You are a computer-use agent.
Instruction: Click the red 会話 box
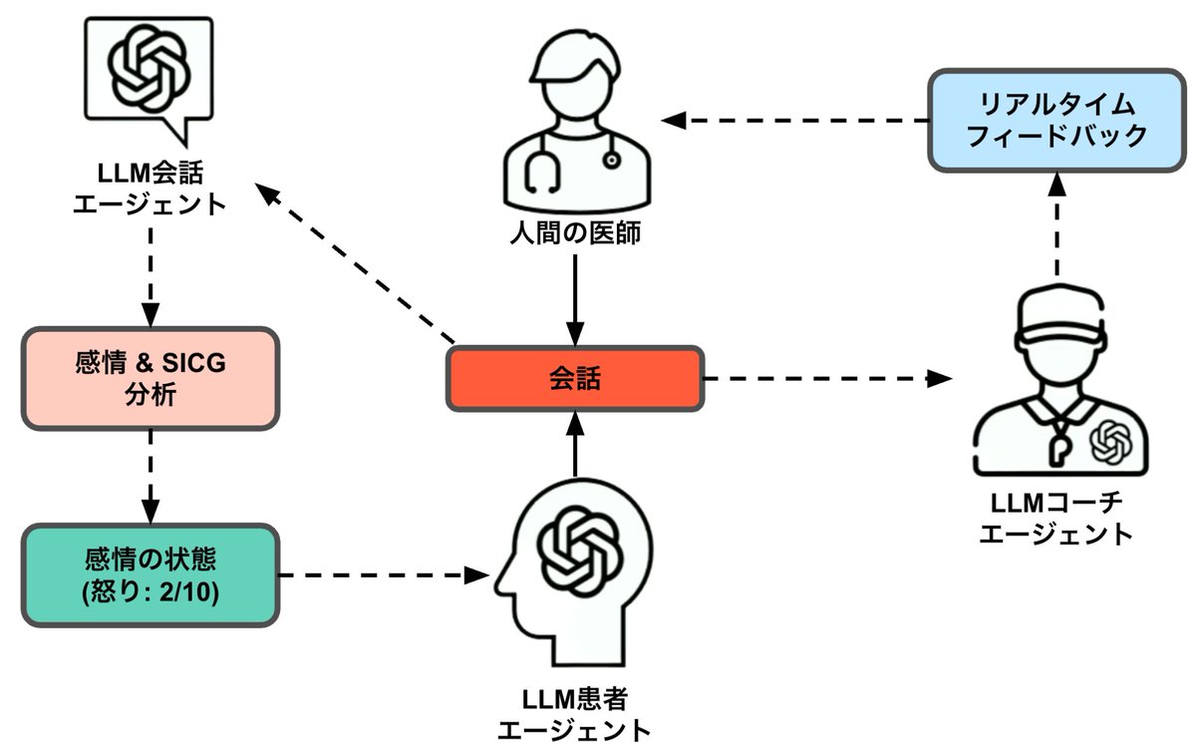tap(575, 378)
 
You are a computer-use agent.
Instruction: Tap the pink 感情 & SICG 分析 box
tap(150, 378)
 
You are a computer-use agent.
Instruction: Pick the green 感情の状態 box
tap(150, 574)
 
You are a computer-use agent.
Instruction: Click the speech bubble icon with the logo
tap(149, 75)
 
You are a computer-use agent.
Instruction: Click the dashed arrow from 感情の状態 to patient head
tap(384, 574)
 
